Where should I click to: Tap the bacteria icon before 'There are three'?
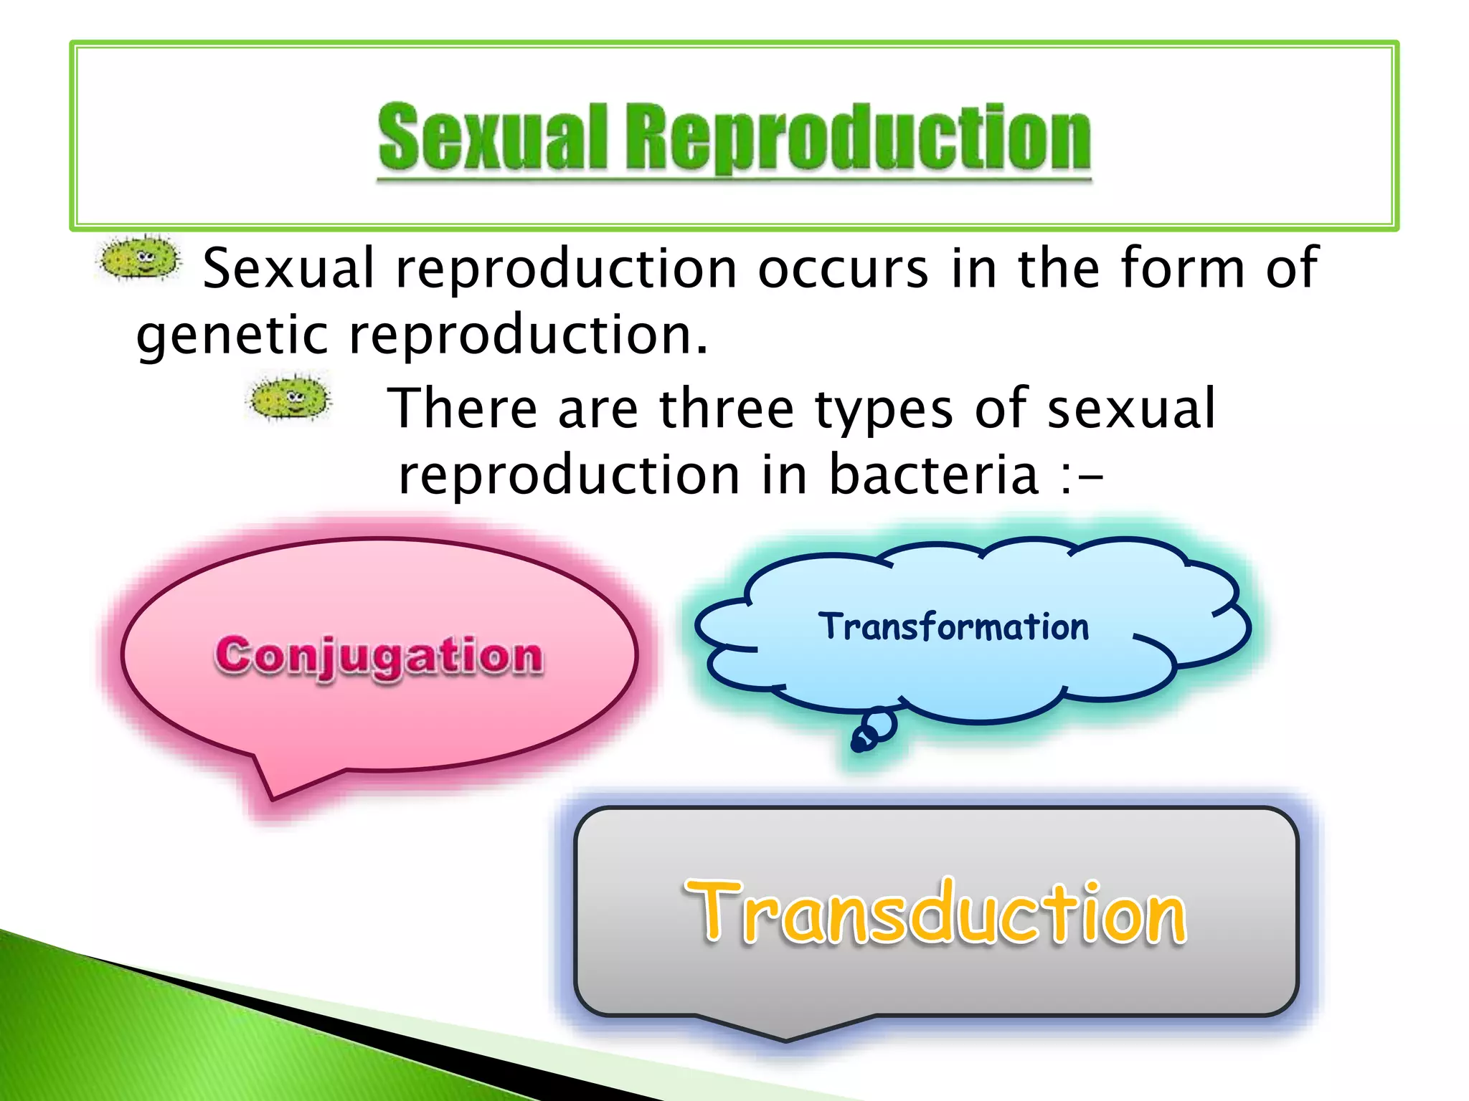coord(289,397)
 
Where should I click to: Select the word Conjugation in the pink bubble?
coord(379,655)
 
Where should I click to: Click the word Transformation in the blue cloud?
coord(953,627)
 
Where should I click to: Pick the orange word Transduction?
coord(935,912)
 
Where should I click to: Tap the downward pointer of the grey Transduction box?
coord(786,1029)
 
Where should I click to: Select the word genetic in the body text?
coord(232,337)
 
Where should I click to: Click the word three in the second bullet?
coord(726,409)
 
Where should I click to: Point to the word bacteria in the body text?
coord(933,475)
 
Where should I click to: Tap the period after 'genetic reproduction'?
coord(701,351)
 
